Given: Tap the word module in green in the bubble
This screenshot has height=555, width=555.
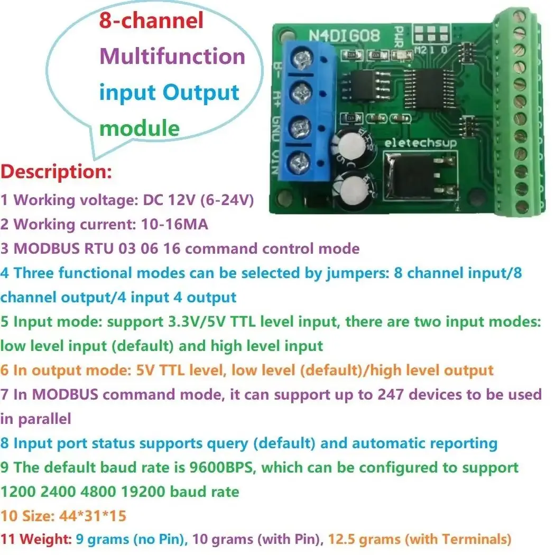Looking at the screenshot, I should [140, 128].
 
